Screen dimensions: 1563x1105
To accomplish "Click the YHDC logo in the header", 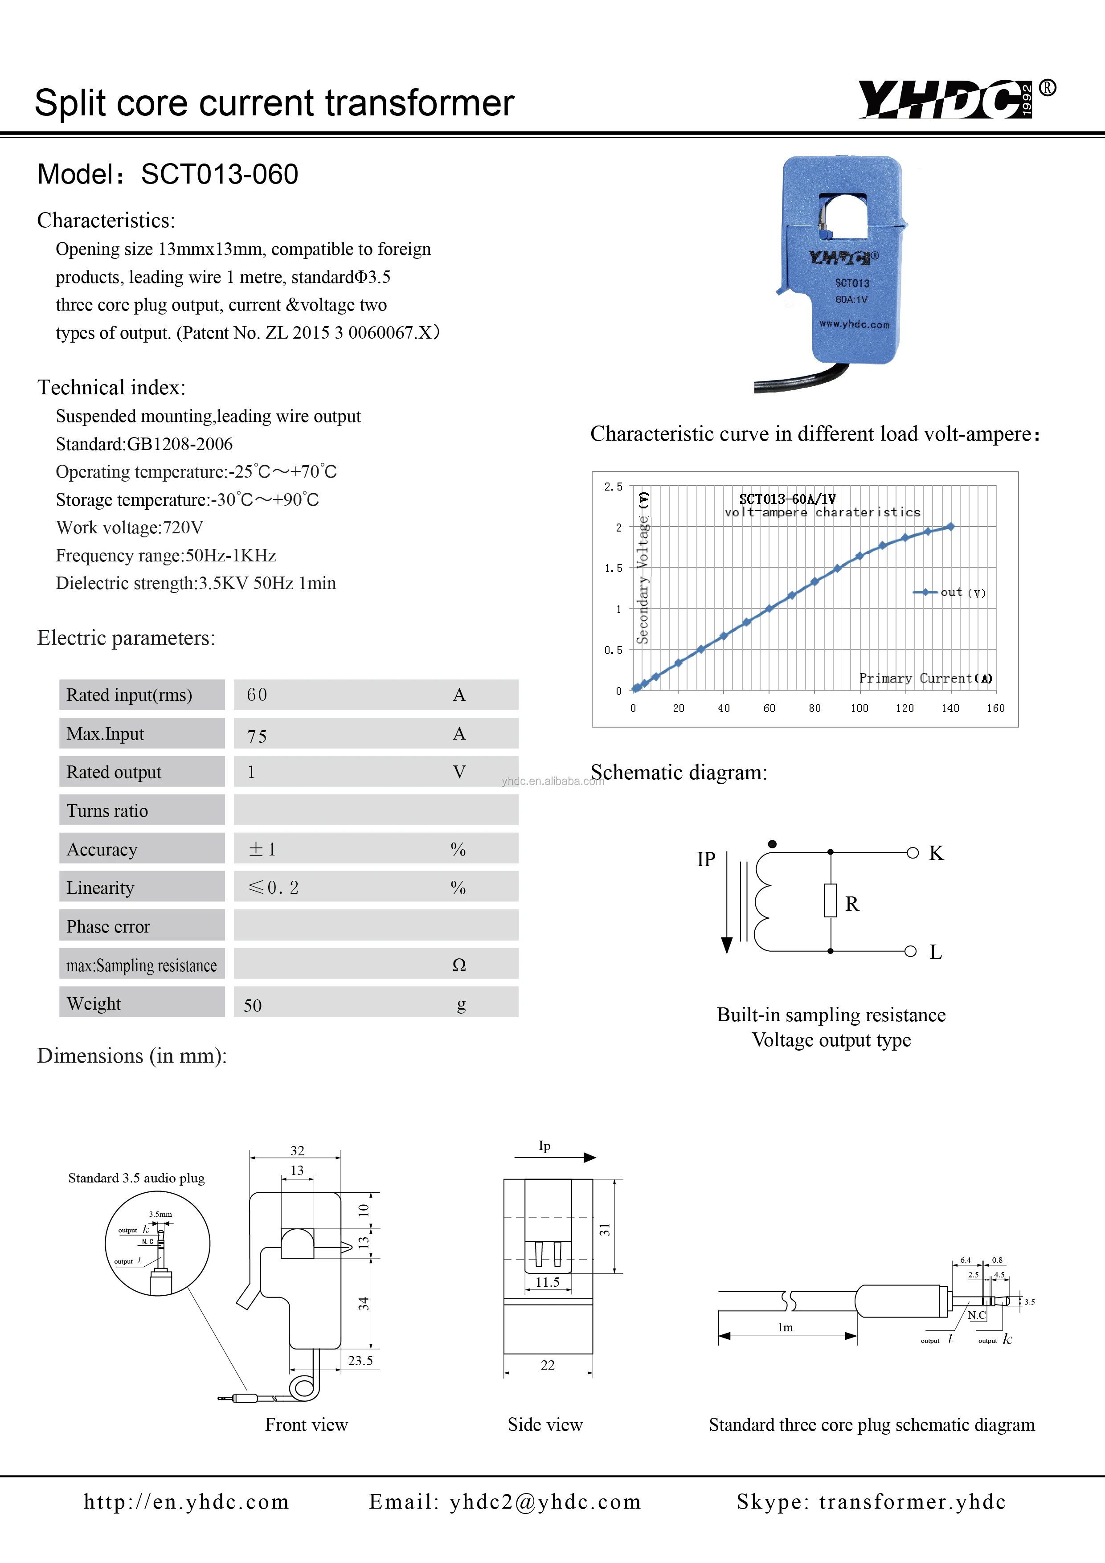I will click(x=946, y=99).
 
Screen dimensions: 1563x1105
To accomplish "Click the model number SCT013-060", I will click(x=219, y=174).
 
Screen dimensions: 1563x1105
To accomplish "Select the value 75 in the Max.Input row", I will click(x=257, y=736).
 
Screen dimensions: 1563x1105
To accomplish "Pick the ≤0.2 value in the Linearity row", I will click(x=274, y=888).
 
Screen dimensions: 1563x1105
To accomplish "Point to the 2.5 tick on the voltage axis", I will click(x=613, y=487).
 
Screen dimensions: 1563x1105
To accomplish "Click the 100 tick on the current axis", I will click(x=859, y=708).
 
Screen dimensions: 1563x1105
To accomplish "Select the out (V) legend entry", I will click(x=950, y=592).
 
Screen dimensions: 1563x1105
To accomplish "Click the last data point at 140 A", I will click(x=950, y=526).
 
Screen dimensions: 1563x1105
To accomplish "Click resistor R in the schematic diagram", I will click(x=830, y=900).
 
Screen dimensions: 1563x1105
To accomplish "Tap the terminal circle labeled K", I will click(x=913, y=852).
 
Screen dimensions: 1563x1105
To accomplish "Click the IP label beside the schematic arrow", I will click(x=706, y=859).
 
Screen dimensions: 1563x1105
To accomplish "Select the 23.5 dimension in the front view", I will click(x=360, y=1360).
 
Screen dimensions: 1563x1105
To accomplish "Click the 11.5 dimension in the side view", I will click(x=548, y=1282).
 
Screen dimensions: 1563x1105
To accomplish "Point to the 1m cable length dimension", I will click(x=785, y=1327).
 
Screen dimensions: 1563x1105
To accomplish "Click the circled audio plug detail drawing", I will click(x=157, y=1243).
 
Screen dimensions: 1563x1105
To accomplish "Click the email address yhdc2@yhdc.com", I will click(x=544, y=1502).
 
